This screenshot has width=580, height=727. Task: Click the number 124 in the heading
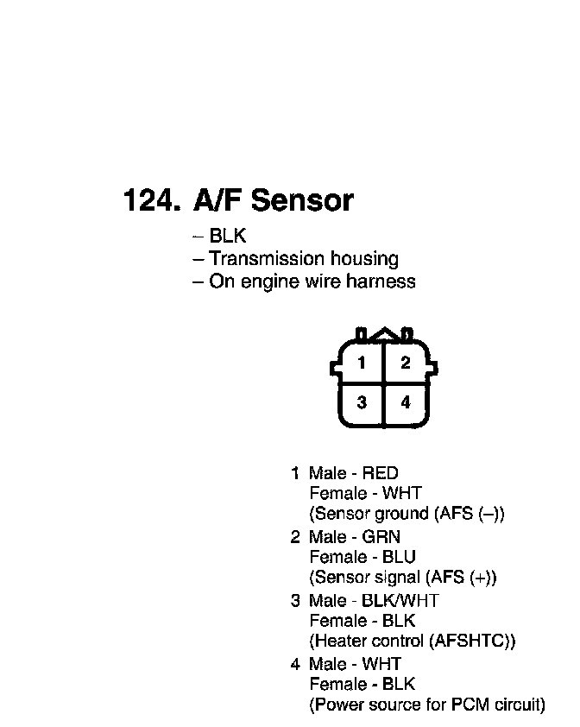click(150, 200)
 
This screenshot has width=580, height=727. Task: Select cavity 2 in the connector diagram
click(405, 363)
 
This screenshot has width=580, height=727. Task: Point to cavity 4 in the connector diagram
click(405, 402)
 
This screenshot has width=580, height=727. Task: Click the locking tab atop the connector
click(384, 334)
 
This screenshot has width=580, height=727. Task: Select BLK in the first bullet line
click(228, 236)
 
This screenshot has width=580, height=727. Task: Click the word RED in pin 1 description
click(380, 473)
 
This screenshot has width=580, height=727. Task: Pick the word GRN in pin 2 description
click(381, 537)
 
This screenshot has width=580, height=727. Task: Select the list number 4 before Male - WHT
click(295, 665)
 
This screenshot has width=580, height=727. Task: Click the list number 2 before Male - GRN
click(295, 537)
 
